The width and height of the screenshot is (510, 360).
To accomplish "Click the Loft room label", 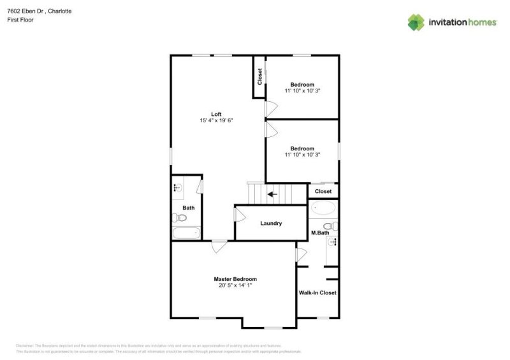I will tap(217, 114).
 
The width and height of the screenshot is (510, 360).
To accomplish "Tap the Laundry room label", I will tap(271, 224).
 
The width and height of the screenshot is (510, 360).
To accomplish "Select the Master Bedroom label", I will tap(235, 279).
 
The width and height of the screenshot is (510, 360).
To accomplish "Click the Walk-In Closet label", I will tap(317, 293).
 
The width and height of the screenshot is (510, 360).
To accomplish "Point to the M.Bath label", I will tap(320, 233).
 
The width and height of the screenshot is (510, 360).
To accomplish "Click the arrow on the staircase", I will tap(272, 194).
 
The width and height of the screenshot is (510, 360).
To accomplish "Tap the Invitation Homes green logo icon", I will tap(416, 22).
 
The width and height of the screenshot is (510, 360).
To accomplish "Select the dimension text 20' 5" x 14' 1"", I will tap(235, 285).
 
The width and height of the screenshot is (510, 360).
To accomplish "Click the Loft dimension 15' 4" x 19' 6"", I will tap(217, 120).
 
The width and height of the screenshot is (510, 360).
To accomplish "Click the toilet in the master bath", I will tap(330, 226).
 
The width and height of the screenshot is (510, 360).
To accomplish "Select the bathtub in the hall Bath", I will tap(186, 233).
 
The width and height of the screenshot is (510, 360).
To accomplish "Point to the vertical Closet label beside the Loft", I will tap(259, 76).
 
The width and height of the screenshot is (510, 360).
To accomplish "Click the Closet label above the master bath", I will tap(323, 191).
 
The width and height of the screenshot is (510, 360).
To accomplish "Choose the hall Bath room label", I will tap(189, 208).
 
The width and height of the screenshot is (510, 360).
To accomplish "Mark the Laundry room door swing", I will tap(240, 214).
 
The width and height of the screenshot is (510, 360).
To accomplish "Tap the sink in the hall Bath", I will tap(178, 188).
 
